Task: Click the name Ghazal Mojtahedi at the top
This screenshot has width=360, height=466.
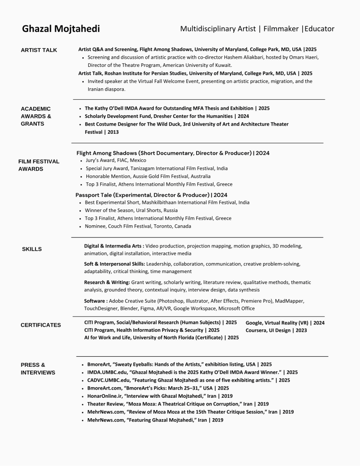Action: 61,29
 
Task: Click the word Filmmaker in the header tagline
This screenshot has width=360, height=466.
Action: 282,29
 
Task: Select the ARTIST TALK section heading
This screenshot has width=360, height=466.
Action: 39,50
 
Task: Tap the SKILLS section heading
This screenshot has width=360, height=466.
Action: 32,249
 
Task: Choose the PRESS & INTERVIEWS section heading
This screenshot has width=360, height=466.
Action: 38,369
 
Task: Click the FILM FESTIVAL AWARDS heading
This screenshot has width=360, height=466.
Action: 39,165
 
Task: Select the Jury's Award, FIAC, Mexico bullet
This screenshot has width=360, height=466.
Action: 116,160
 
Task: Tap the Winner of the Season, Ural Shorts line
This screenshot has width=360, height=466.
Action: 131,210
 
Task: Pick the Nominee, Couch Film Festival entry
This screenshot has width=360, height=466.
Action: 138,226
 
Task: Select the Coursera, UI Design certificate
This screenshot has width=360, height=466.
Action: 276,330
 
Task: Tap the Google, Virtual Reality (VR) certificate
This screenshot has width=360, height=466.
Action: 285,323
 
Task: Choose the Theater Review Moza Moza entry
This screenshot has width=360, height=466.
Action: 178,404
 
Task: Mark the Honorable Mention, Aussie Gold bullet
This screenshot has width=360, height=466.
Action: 148,176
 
